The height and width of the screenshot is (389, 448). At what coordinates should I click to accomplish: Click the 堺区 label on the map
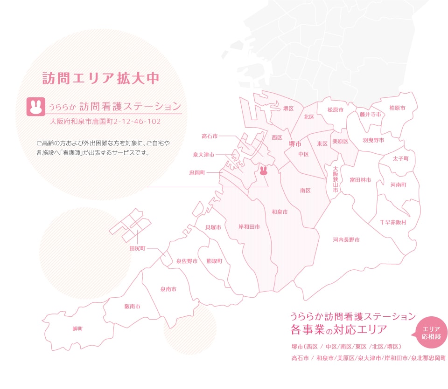point(288,109)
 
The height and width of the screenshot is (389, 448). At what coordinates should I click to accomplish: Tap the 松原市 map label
point(335,110)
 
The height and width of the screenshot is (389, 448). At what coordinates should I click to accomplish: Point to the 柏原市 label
point(397,108)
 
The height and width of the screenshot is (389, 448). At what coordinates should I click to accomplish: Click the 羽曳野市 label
point(373,140)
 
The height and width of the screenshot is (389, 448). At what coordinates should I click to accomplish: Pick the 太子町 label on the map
point(400,158)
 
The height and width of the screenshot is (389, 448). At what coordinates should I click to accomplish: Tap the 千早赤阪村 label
point(393,222)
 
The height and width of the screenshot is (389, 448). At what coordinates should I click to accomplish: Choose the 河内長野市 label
point(346,240)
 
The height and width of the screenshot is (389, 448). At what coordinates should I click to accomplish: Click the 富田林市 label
point(360,180)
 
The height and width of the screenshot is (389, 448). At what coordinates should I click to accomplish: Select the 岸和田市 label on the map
point(249,226)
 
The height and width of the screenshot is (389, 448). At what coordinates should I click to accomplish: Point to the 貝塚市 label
point(213,227)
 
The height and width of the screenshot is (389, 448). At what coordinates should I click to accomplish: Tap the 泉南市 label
point(168,289)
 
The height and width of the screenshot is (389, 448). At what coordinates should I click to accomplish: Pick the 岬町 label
point(77,329)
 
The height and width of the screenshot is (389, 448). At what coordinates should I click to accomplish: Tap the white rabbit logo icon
point(35,106)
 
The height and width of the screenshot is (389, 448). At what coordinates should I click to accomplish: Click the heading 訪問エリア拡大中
point(100,78)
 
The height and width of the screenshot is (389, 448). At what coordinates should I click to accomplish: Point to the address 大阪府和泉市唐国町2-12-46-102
point(105,121)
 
